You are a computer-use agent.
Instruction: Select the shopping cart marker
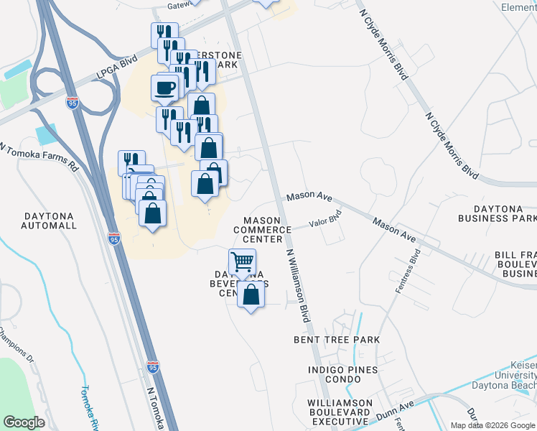click(242, 261)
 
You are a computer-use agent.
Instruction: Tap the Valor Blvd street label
click(324, 223)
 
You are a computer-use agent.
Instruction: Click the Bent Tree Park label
click(336, 339)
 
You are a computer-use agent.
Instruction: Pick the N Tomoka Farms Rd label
click(39, 156)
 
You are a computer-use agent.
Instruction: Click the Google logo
click(24, 422)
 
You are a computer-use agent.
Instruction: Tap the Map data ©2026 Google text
click(492, 425)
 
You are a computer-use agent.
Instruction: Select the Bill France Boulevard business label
click(514, 264)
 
